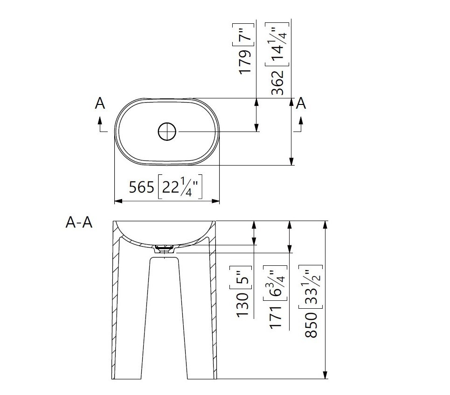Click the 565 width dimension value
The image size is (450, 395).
(x=141, y=187)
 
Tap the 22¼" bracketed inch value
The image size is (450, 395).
(x=180, y=187)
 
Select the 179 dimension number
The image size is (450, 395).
(x=245, y=62)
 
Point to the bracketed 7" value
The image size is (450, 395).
(x=243, y=35)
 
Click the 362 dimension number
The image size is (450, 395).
(x=278, y=83)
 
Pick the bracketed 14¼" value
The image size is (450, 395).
(x=277, y=44)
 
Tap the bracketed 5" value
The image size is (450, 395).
(x=241, y=277)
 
